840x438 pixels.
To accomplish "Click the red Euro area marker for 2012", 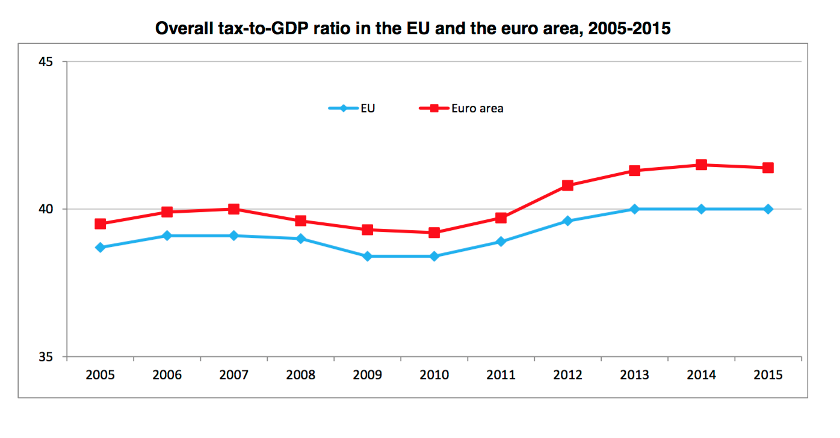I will tap(567, 185).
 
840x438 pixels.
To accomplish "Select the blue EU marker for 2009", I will tap(367, 256).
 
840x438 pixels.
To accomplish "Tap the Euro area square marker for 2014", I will tap(701, 165).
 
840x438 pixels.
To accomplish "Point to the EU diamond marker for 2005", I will tap(100, 247).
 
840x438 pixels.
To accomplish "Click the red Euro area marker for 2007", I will tap(234, 209).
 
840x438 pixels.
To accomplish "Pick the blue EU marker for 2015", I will tap(768, 209).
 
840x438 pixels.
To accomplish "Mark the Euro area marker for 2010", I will tap(434, 233).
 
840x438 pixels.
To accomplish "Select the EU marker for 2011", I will tap(501, 242).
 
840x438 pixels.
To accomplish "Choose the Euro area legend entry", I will tap(462, 109).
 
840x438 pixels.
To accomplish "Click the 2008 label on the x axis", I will tap(300, 375).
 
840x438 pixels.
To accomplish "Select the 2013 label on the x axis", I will tap(634, 375).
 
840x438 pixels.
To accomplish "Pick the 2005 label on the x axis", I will tap(100, 375).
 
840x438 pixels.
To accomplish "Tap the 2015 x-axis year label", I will tap(768, 375).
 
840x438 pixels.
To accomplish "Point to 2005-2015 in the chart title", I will tap(629, 28).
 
